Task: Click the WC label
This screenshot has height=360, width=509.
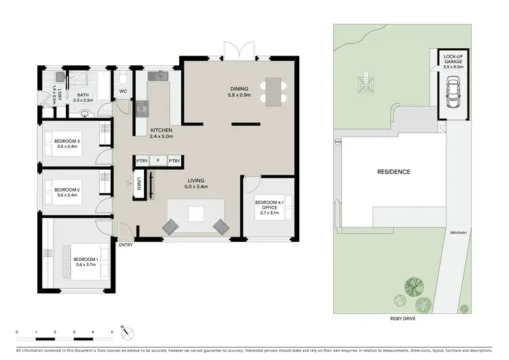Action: tap(124, 90)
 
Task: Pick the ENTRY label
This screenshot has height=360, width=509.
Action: tap(126, 245)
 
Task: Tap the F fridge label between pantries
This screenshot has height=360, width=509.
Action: tap(157, 161)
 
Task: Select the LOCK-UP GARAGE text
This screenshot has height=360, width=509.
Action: tap(453, 60)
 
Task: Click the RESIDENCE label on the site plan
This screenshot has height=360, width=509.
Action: tap(394, 172)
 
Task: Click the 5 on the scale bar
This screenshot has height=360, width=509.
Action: tap(112, 333)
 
